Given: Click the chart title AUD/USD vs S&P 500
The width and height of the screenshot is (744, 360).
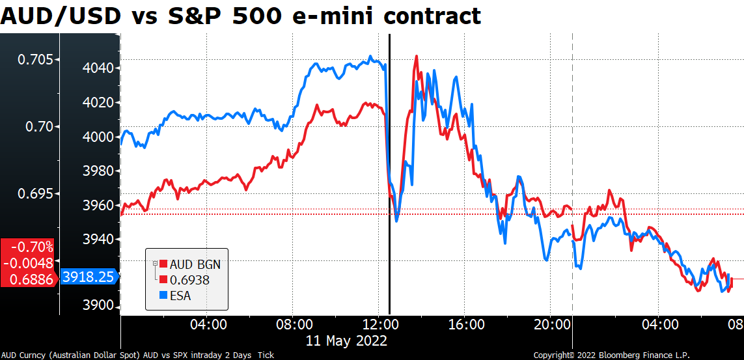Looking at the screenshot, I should [241, 16].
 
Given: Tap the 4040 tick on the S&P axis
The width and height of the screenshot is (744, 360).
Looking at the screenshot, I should [98, 68].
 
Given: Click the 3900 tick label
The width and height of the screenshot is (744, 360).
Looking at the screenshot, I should [98, 306].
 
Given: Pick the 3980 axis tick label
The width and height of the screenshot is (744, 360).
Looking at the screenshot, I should [98, 171].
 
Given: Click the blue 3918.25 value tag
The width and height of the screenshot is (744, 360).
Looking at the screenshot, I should [89, 277].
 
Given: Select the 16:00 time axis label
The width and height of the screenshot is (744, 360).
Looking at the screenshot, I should [465, 324].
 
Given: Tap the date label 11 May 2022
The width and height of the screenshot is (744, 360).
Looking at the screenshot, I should [347, 340].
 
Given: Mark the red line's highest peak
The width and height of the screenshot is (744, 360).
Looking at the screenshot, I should [416, 57].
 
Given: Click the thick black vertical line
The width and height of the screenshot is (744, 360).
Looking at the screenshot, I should [389, 195].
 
